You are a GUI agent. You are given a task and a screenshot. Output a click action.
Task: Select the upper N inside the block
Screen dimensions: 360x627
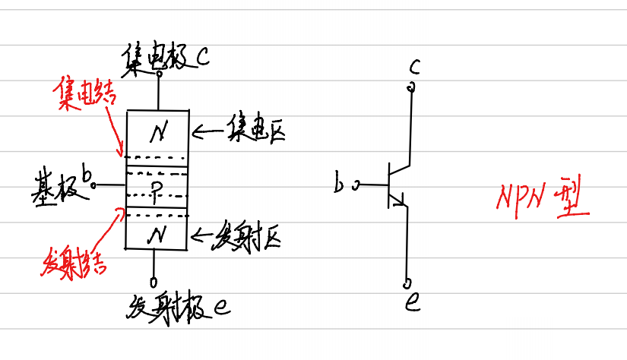(x=158, y=134)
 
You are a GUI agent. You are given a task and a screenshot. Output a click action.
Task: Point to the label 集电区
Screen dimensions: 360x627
(x=252, y=133)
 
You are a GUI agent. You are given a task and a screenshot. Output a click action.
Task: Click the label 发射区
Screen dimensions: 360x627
(x=249, y=236)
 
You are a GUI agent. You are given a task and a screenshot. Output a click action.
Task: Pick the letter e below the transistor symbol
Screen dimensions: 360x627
(x=413, y=302)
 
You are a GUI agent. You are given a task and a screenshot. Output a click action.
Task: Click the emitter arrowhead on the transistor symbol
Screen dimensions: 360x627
(x=402, y=201)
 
